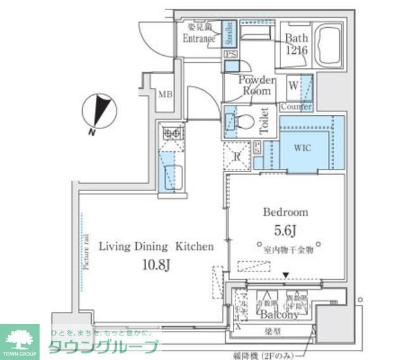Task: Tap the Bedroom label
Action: (285, 212)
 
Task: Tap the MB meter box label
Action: (165, 96)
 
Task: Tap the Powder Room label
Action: (256, 85)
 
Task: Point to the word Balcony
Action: (277, 314)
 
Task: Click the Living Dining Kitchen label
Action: (156, 246)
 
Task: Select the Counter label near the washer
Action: (295, 108)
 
